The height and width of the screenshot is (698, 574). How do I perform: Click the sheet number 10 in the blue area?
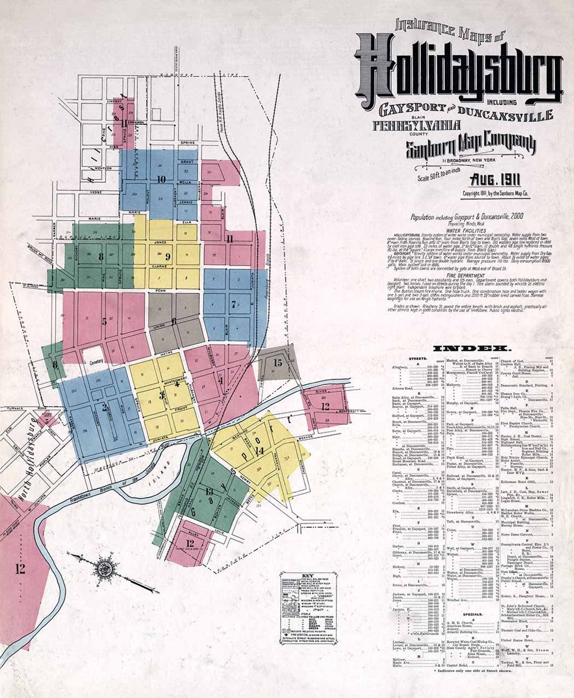click(161, 179)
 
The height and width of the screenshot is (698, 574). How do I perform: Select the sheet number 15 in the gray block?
click(278, 363)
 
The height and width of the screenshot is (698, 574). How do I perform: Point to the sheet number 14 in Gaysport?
click(259, 451)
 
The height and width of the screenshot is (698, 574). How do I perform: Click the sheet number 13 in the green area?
click(209, 492)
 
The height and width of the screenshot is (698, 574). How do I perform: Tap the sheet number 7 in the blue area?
click(233, 305)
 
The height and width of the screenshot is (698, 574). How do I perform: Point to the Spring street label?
click(187, 143)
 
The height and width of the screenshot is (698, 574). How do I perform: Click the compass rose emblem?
click(102, 568)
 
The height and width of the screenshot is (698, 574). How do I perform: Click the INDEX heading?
click(472, 349)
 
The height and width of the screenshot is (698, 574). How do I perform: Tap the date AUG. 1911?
click(495, 179)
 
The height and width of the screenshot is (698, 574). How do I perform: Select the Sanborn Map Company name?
click(471, 146)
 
